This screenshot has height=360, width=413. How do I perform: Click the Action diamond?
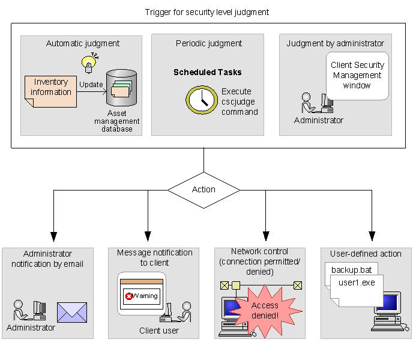[x=203, y=189]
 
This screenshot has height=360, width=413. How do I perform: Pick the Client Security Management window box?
[x=357, y=76]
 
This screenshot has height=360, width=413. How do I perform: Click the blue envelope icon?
[x=72, y=312]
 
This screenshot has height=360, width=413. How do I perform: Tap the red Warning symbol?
[x=128, y=296]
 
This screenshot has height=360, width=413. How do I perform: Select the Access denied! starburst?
[x=265, y=310]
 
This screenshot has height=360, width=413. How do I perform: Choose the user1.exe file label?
[x=357, y=282]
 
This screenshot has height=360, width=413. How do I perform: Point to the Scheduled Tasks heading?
[x=208, y=72]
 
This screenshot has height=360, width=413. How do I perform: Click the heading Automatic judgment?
[x=83, y=43]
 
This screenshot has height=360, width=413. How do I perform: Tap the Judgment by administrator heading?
[x=335, y=43]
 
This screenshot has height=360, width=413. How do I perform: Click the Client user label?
[x=159, y=330]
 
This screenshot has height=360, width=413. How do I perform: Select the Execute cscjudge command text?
[x=240, y=102]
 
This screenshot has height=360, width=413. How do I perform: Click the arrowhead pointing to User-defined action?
[x=372, y=236]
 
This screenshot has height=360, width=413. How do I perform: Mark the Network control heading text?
[x=259, y=251]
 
